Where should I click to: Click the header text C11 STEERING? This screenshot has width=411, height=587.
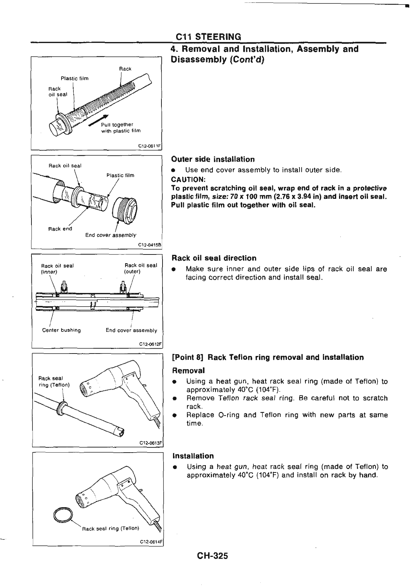point(208,37)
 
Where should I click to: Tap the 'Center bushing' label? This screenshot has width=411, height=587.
point(61,330)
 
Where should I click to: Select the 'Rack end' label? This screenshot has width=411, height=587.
point(60,229)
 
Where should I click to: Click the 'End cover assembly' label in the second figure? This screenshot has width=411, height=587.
point(111,235)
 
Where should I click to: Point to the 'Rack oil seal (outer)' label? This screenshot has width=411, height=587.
point(141,268)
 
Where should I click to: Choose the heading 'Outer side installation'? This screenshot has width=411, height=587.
point(213,160)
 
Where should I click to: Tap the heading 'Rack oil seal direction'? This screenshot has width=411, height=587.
point(214,258)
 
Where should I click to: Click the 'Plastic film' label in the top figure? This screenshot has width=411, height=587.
point(74,78)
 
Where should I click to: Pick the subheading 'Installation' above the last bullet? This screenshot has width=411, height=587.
point(193,456)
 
